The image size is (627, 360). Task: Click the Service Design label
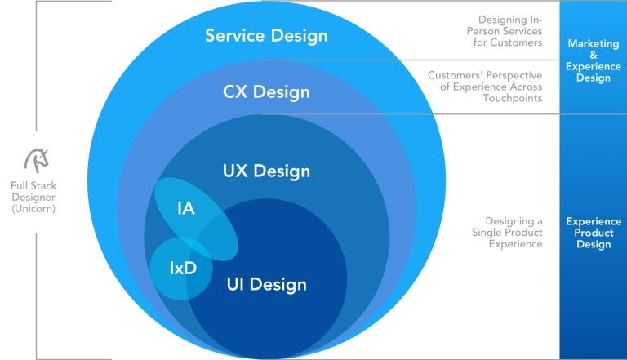pyautogui.click(x=266, y=36)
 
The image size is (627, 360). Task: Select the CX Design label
pyautogui.click(x=266, y=91)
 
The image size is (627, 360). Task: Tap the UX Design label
pyautogui.click(x=266, y=171)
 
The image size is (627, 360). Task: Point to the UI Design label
pyautogui.click(x=266, y=284)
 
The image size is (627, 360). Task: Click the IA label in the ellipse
pyautogui.click(x=185, y=208)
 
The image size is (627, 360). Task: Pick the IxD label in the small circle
pyautogui.click(x=183, y=266)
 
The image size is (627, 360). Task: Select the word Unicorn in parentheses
pyautogui.click(x=34, y=209)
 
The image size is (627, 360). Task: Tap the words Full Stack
pyautogui.click(x=34, y=185)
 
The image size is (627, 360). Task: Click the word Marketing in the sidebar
pyautogui.click(x=592, y=43)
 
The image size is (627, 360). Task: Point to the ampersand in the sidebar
pyautogui.click(x=592, y=55)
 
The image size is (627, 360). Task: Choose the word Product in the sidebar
pyautogui.click(x=592, y=233)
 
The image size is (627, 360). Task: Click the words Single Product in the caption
pyautogui.click(x=506, y=233)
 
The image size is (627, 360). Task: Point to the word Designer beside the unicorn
pyautogui.click(x=34, y=197)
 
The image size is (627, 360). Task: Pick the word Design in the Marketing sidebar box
pyautogui.click(x=592, y=78)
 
